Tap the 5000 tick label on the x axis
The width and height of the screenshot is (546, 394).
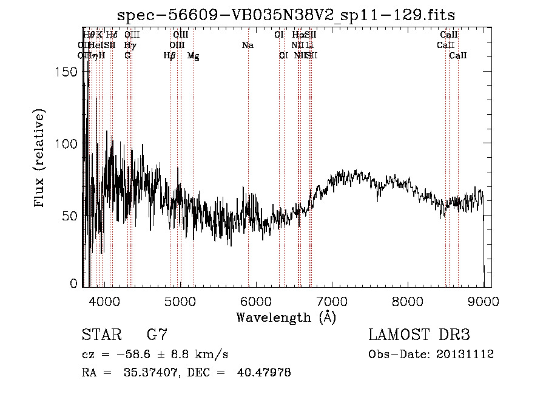pos(180,301)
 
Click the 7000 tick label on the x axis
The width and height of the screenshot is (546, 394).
pos(331,301)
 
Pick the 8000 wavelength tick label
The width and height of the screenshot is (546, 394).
pos(407,301)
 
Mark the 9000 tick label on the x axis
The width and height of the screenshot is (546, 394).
pos(483,301)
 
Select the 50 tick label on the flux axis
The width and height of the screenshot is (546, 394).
pos(71,216)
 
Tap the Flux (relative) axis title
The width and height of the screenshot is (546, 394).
pos(41,159)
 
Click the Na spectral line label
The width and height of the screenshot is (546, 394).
pos(248,46)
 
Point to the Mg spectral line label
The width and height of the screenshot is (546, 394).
pos(193,56)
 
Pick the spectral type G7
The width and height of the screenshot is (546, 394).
pos(157,335)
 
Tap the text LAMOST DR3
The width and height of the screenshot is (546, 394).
pos(419,335)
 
